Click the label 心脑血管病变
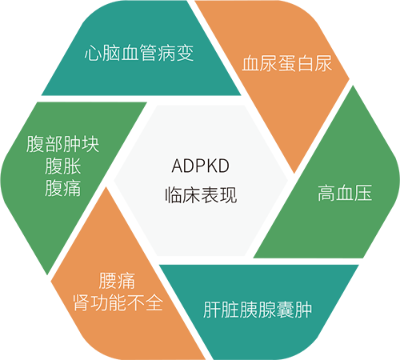(139, 53)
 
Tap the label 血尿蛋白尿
(287, 63)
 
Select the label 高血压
(345, 193)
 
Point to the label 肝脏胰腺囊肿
(258, 310)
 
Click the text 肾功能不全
(118, 302)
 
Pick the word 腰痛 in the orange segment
(117, 281)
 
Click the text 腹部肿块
(63, 144)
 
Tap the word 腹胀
(63, 166)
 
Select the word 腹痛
(63, 188)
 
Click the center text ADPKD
(200, 166)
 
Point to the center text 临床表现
(201, 195)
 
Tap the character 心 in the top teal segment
(93, 53)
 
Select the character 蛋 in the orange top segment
(287, 63)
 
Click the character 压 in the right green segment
(363, 193)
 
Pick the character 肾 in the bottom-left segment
(82, 302)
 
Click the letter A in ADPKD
(177, 166)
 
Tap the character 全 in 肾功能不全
(154, 302)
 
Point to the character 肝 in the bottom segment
(212, 310)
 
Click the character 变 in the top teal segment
(185, 53)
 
